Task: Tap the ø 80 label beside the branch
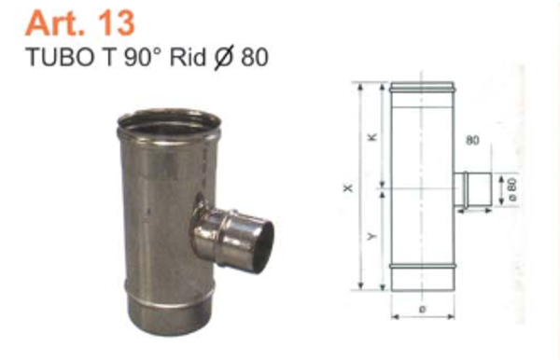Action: [512, 190]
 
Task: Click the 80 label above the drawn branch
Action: [471, 143]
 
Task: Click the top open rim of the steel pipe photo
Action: [169, 123]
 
